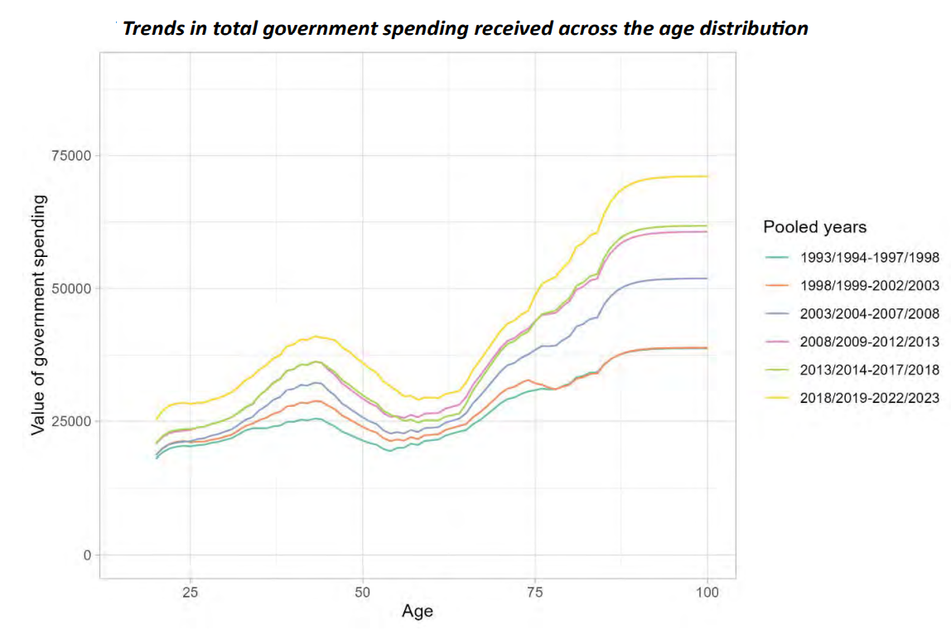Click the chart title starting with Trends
click(465, 28)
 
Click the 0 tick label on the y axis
click(85, 555)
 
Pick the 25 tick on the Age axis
click(190, 593)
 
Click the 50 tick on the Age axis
click(362, 593)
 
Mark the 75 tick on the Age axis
click(535, 593)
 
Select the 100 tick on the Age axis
click(707, 593)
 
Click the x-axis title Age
click(417, 613)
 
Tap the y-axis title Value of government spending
click(37, 316)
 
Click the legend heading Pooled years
click(814, 227)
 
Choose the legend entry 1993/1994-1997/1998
click(869, 257)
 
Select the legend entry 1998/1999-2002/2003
click(869, 285)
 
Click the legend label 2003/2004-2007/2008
click(869, 313)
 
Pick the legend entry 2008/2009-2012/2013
click(869, 342)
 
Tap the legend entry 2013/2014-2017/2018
click(869, 370)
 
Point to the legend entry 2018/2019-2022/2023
click(869, 398)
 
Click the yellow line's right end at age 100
click(707, 176)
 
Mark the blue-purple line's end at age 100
click(707, 279)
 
